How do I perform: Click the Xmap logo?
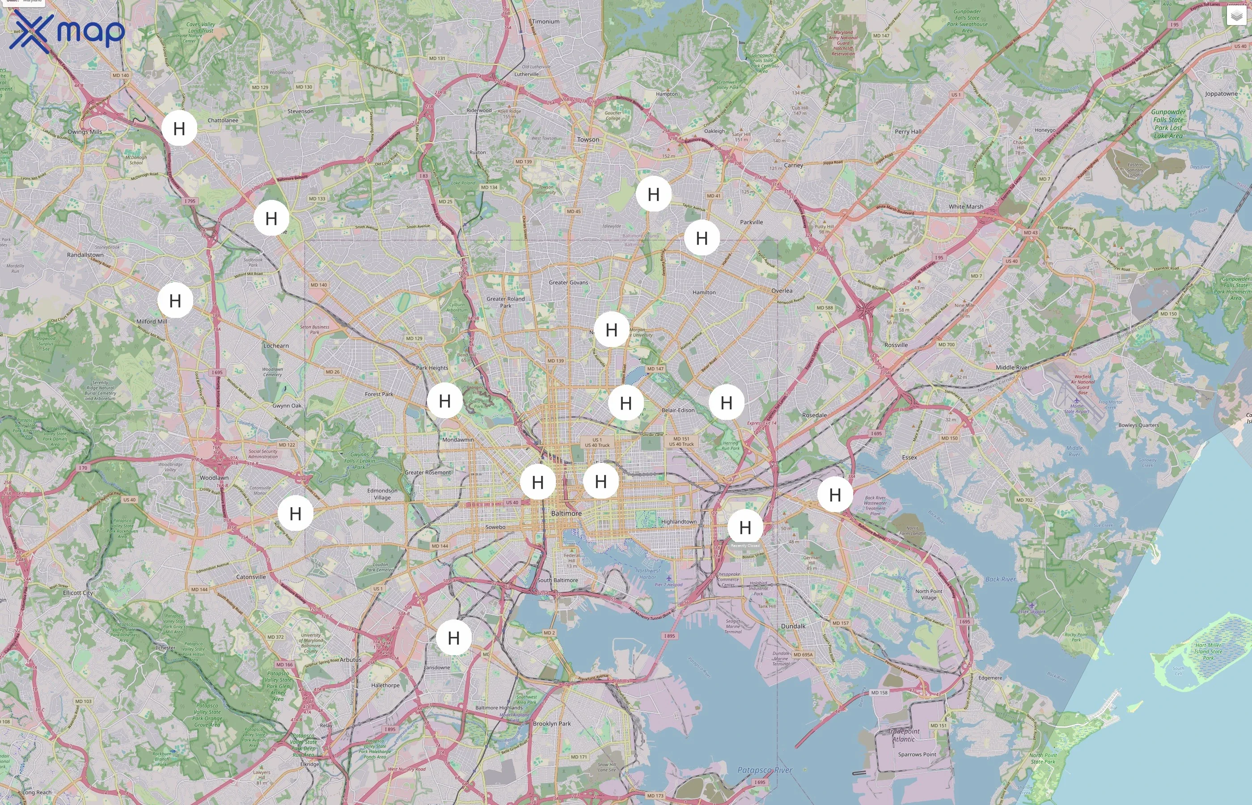click(67, 30)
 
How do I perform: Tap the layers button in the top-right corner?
click(1236, 16)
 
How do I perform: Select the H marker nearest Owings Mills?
click(179, 128)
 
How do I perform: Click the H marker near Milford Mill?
click(175, 301)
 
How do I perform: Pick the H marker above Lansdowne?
click(453, 638)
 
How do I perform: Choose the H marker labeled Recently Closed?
click(745, 527)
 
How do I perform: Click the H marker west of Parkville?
click(702, 238)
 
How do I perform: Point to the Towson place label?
click(588, 140)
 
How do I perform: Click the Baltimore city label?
click(566, 513)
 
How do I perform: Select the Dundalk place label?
click(793, 626)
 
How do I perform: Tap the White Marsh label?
click(966, 207)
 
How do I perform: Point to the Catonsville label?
click(251, 576)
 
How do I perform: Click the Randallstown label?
click(85, 254)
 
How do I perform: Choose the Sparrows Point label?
click(917, 754)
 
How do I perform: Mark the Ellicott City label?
click(78, 593)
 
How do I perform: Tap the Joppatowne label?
click(1221, 93)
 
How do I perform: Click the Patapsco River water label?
click(765, 770)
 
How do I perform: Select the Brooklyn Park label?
click(551, 724)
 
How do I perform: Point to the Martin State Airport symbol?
click(1076, 401)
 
